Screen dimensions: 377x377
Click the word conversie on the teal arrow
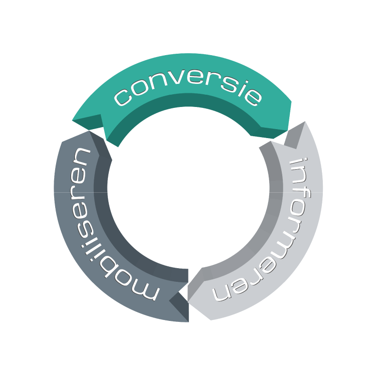coord(188,89)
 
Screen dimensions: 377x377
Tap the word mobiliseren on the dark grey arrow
coord(101,223)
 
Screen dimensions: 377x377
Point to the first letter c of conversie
coord(123,97)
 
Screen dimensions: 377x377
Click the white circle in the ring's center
coord(188,188)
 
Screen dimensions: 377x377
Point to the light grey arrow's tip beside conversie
coord(305,122)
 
